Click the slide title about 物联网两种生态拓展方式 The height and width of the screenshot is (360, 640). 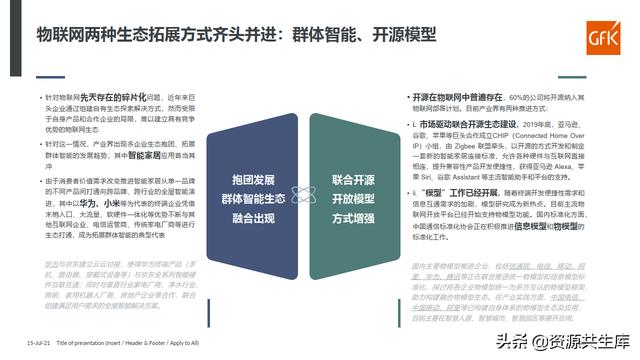237,34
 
